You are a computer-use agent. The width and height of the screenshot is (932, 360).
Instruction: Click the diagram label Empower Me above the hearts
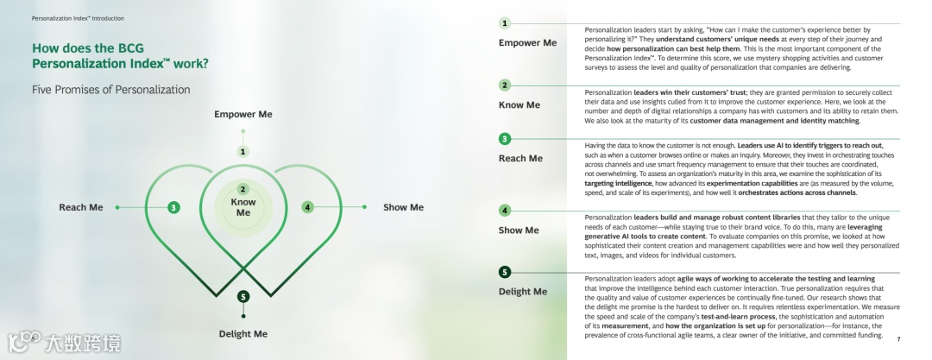[x=242, y=114]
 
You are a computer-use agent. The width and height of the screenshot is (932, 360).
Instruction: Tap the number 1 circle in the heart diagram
[x=243, y=151]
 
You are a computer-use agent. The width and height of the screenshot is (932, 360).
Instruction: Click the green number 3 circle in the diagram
[x=174, y=207]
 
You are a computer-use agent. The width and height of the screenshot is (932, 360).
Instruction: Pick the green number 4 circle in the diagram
[x=308, y=207]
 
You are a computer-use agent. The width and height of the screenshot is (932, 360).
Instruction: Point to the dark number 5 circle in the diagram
[x=243, y=297]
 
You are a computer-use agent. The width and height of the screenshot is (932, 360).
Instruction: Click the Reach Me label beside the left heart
[x=80, y=207]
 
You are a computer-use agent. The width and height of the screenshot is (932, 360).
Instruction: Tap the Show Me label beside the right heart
[x=403, y=207]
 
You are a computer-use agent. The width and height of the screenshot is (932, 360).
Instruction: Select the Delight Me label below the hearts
[x=242, y=333]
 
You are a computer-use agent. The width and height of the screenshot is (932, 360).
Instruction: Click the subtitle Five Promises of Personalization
[x=110, y=90]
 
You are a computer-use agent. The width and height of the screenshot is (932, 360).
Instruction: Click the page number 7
[x=898, y=339]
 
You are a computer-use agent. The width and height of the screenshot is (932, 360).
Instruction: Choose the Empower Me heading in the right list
[x=527, y=42]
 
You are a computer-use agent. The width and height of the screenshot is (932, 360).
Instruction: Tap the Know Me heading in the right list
[x=520, y=104]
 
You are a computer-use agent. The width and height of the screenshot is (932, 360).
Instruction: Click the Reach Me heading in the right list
[x=520, y=158]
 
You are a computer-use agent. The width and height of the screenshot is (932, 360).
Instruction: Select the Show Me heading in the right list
[x=519, y=230]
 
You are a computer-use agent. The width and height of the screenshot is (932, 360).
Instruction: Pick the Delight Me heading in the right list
[x=523, y=291]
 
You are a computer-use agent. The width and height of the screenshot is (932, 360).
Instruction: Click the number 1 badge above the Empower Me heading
[x=505, y=23]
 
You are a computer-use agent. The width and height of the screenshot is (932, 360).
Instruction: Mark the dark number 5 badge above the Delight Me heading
[x=505, y=273]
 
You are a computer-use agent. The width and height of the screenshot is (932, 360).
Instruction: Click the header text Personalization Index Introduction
[x=78, y=17]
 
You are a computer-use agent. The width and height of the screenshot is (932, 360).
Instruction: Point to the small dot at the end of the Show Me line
[x=364, y=207]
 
